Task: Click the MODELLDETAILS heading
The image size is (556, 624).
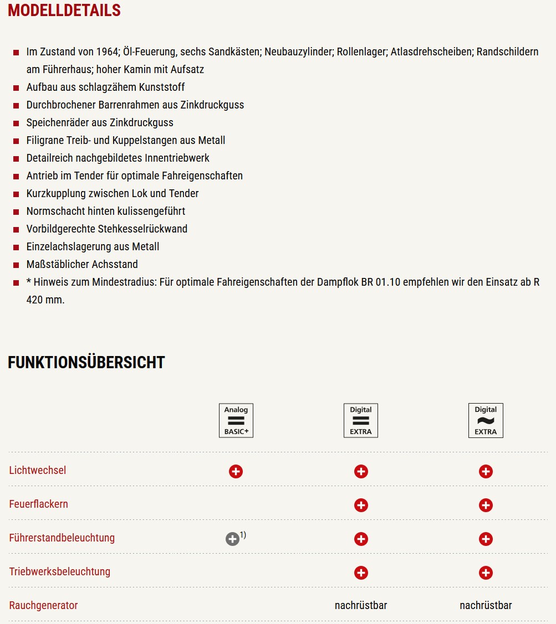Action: tap(64, 11)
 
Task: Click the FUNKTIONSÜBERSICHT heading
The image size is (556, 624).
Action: tap(86, 363)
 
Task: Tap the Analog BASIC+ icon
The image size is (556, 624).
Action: tap(236, 420)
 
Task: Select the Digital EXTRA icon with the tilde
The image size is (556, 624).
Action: tap(486, 420)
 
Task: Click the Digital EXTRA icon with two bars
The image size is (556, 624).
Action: tap(361, 420)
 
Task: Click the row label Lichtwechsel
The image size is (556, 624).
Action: tap(38, 470)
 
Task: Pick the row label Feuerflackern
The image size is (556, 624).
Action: tap(39, 504)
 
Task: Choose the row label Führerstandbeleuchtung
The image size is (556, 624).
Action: tap(62, 538)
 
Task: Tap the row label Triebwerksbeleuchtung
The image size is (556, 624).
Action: tap(60, 571)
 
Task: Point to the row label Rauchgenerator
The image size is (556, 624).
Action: tap(44, 605)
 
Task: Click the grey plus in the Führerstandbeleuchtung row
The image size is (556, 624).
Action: tap(232, 539)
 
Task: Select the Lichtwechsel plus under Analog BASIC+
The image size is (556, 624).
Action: tap(236, 471)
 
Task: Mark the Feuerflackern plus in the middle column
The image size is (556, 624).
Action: tap(361, 505)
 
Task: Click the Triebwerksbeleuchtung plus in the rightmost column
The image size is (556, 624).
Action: tap(486, 573)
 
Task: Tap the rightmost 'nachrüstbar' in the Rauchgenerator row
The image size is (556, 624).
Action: tap(486, 605)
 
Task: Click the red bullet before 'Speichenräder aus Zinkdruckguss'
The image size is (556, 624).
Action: tap(16, 123)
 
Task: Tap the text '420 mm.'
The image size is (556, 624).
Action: tap(45, 300)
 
